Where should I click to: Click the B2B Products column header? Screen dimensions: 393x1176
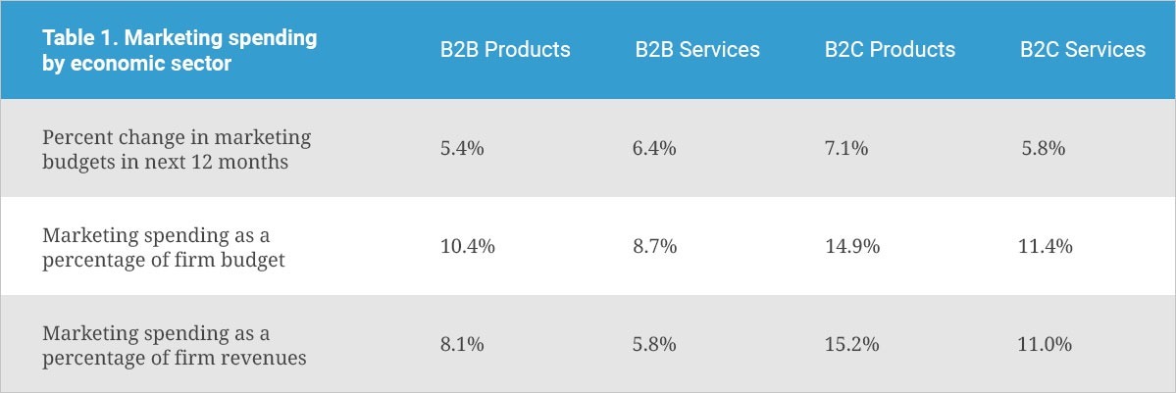click(504, 50)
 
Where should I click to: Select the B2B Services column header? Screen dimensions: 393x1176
click(696, 50)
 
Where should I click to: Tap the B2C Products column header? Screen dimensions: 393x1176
click(890, 50)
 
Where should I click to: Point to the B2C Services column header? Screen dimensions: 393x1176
click(1082, 50)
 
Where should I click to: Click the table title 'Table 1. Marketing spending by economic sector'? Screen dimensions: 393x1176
click(179, 50)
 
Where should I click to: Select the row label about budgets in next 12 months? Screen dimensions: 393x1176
click(177, 149)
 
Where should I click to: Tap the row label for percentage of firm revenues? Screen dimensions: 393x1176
click(175, 345)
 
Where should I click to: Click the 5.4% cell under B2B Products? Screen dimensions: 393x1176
click(462, 149)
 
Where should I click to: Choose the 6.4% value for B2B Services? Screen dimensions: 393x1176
click(655, 149)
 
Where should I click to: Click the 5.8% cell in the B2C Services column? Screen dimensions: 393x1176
click(1042, 149)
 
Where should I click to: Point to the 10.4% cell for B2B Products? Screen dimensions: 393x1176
click(467, 247)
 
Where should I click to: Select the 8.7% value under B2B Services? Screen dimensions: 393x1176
click(655, 247)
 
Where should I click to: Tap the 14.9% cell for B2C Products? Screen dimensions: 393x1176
click(852, 247)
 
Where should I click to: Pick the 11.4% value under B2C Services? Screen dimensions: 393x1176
click(1046, 247)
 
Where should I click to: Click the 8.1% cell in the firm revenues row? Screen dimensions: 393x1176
click(462, 345)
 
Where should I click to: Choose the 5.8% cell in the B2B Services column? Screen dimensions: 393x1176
click(655, 345)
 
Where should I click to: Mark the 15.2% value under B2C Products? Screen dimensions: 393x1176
click(852, 345)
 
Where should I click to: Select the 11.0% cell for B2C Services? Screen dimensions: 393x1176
click(1046, 345)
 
